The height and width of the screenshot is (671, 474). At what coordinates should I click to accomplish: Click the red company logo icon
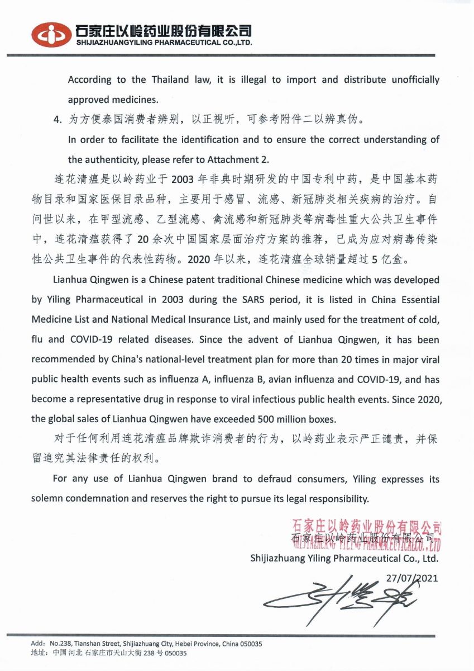[x=51, y=35]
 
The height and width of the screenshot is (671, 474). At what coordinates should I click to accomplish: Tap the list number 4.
[x=56, y=120]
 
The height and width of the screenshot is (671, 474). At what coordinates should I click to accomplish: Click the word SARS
[x=253, y=299]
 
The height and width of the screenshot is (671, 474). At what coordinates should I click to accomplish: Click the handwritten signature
[x=341, y=598]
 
